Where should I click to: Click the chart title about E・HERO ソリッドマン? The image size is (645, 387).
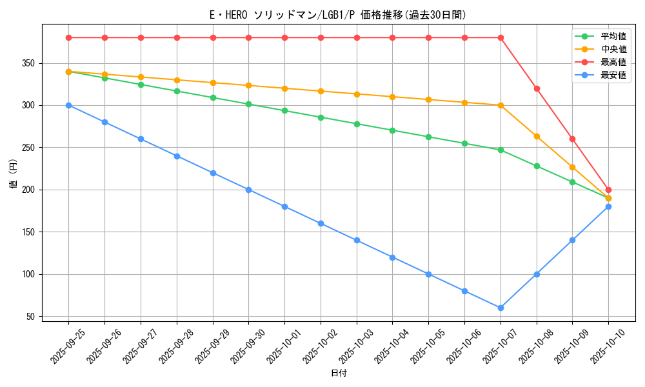pyautogui.click(x=338, y=15)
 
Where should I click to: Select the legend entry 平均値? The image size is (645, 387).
pyautogui.click(x=613, y=37)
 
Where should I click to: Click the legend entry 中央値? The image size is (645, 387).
pyautogui.click(x=613, y=50)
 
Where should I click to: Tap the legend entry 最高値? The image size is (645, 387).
pyautogui.click(x=613, y=63)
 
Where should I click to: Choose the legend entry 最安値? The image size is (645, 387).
pyautogui.click(x=613, y=75)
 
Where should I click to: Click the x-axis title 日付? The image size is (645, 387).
pyautogui.click(x=339, y=373)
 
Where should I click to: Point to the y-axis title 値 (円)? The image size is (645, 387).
pyautogui.click(x=14, y=174)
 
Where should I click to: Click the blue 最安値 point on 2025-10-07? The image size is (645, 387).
pyautogui.click(x=501, y=308)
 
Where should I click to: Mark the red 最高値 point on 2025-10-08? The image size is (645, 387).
pyautogui.click(x=537, y=88)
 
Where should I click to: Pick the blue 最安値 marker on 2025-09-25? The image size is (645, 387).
pyautogui.click(x=68, y=105)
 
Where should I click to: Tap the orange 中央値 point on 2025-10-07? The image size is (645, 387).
pyautogui.click(x=501, y=105)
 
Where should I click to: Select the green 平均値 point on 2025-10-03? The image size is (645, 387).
pyautogui.click(x=357, y=124)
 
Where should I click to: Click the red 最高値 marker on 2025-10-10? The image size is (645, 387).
pyautogui.click(x=608, y=190)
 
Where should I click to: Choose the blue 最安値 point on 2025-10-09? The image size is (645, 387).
pyautogui.click(x=572, y=240)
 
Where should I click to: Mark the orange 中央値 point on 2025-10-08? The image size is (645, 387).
pyautogui.click(x=537, y=136)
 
